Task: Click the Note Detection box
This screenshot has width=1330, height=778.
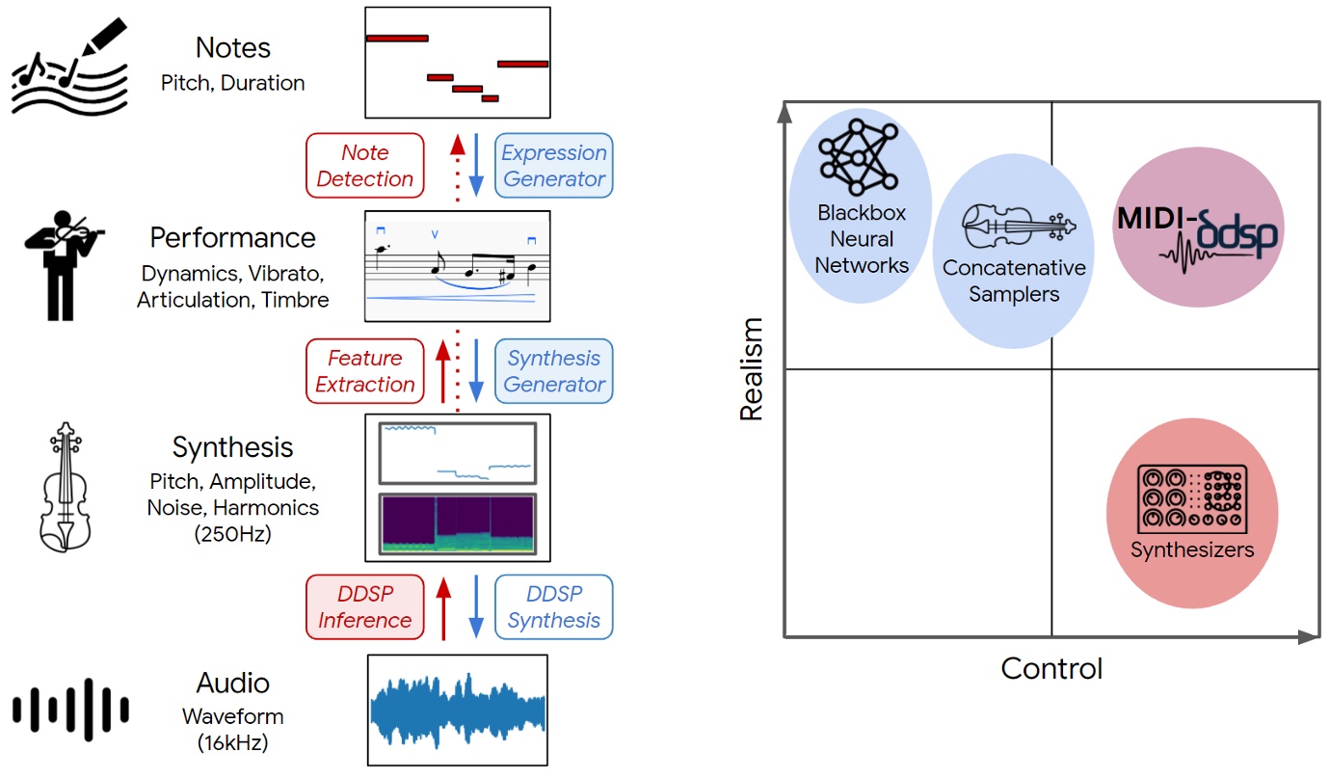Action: tap(364, 165)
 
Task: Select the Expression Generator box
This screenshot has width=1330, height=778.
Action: tap(554, 165)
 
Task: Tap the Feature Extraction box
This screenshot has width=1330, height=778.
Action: tap(364, 371)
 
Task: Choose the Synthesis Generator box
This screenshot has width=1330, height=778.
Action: tap(554, 371)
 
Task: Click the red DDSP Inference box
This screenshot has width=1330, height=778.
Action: tap(364, 607)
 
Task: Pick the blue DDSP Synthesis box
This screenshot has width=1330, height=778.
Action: tap(554, 607)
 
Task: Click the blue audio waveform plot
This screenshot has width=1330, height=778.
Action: tap(458, 711)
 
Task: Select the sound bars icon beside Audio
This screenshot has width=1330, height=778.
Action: tap(70, 711)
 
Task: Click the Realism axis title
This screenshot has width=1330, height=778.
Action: tap(751, 369)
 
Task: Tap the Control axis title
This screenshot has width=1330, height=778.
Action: tap(1051, 668)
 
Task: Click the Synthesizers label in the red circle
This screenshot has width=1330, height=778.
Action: tap(1192, 550)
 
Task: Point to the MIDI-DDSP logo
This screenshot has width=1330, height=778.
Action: tap(1198, 234)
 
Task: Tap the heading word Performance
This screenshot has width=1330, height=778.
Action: tap(232, 238)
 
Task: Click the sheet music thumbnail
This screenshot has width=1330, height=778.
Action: tap(458, 266)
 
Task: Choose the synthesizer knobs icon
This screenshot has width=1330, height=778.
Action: tap(1192, 497)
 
